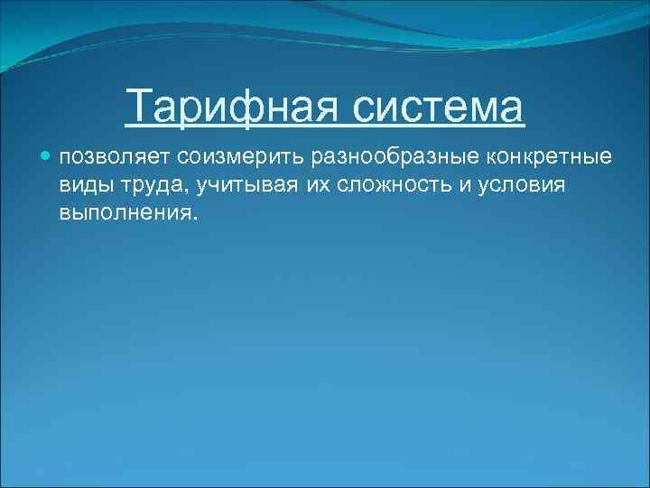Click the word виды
pyautogui.click(x=82, y=185)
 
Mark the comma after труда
pyautogui.click(x=180, y=191)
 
